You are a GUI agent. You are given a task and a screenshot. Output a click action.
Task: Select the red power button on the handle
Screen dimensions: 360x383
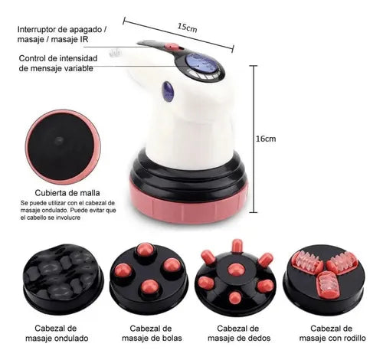click(175, 47)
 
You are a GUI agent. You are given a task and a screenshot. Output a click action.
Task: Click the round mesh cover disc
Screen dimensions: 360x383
click(57, 145)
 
